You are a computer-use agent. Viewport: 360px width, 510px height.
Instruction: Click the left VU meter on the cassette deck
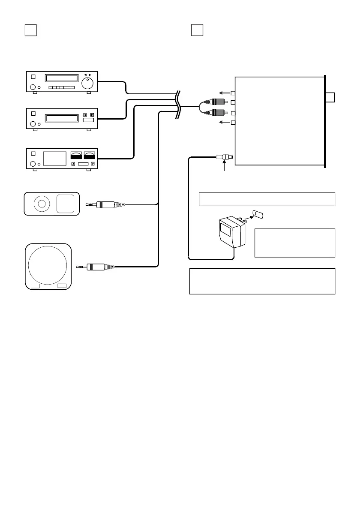pos(75,155)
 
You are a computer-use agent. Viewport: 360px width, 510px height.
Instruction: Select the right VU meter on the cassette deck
pos(90,155)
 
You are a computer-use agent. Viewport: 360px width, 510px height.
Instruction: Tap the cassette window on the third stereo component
pos(55,158)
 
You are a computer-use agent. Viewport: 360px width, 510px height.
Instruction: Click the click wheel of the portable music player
pos(42,204)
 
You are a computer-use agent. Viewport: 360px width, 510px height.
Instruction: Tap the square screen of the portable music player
pos(65,203)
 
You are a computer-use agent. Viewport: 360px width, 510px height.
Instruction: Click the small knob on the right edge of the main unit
pos(330,98)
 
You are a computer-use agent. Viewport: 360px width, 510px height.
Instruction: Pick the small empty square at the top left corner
pos(29,30)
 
